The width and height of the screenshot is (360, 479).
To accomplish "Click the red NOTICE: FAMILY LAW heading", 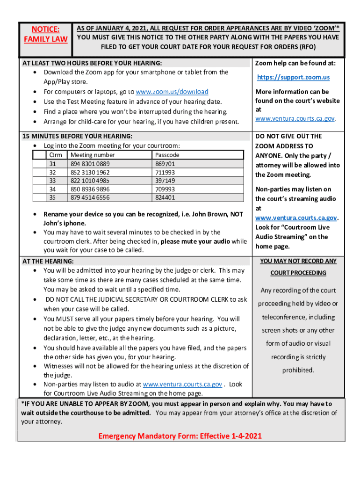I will click(46, 34).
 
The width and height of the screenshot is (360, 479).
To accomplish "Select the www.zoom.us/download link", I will click(172, 92).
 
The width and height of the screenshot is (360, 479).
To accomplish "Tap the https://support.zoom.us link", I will click(293, 77).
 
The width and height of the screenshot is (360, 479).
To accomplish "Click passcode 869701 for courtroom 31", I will click(165, 164).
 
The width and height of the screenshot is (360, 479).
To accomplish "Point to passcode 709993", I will click(165, 189).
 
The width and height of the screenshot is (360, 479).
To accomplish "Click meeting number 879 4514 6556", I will click(90, 198).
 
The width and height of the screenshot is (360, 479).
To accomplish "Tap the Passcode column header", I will click(166, 155).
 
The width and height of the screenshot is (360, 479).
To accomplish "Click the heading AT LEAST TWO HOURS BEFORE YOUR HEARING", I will click(93, 63).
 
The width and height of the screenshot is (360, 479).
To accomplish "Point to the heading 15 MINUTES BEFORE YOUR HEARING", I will click(78, 136).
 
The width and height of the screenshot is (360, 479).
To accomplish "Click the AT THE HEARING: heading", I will click(48, 261).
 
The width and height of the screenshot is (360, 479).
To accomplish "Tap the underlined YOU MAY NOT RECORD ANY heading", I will click(298, 261).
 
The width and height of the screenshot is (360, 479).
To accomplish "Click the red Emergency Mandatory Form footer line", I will click(180, 436).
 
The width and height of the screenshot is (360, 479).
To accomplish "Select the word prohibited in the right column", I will click(298, 370).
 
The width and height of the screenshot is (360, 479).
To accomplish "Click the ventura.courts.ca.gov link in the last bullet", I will click(182, 385).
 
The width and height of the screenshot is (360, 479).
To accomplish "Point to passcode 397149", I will click(165, 181).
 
